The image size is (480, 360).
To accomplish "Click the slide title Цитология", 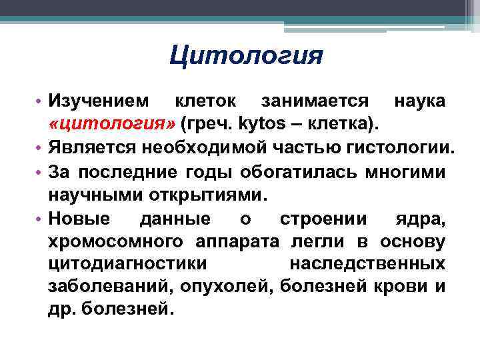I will (x=245, y=56).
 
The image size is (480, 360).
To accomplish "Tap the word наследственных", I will (x=367, y=264).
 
